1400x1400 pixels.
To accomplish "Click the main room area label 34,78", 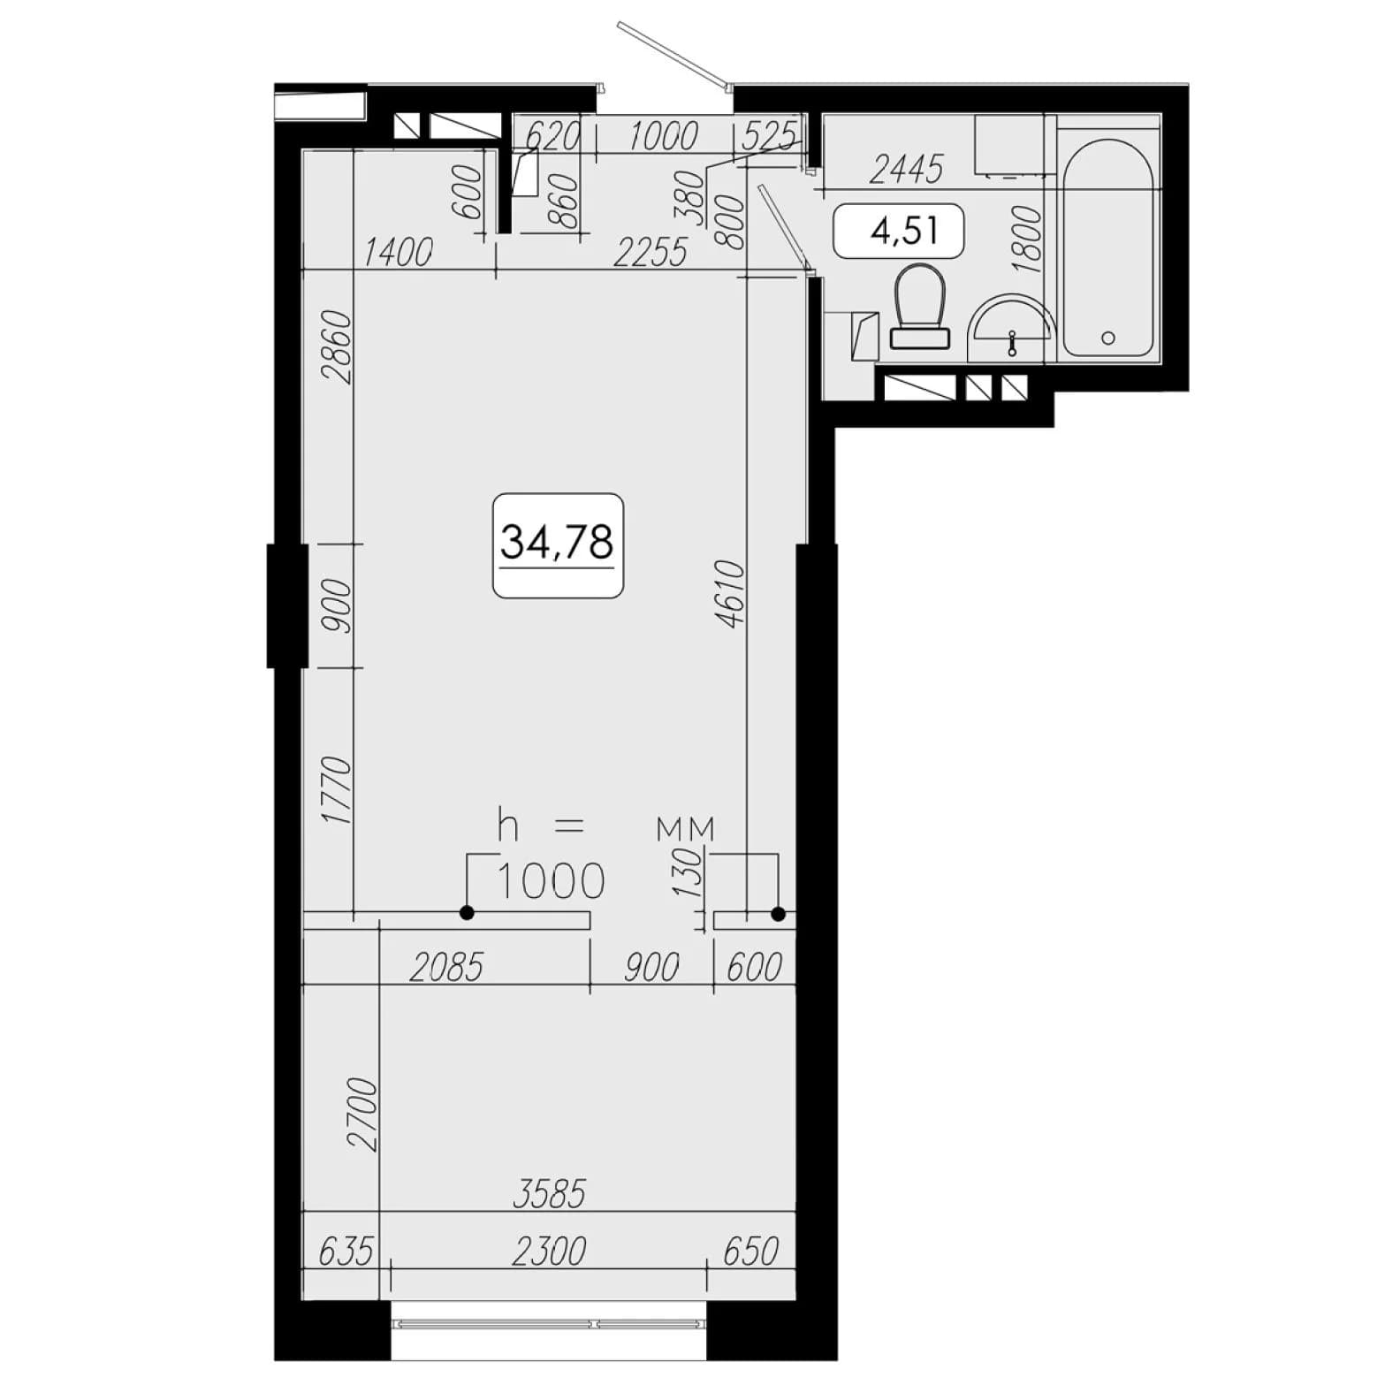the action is (x=557, y=541).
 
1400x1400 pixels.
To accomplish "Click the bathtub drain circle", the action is (x=1108, y=338).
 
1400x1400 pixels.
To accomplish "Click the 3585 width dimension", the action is (x=549, y=1193).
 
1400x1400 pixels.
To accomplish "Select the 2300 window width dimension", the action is (x=549, y=1252).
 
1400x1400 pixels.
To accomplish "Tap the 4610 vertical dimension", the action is (x=732, y=594).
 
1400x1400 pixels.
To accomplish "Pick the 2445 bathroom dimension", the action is (x=906, y=169).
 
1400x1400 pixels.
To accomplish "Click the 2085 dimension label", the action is (x=446, y=968).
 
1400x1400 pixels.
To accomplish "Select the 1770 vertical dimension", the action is (x=338, y=790).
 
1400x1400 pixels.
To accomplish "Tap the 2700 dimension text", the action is (x=362, y=1114).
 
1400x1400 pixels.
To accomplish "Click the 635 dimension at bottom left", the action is (x=346, y=1252).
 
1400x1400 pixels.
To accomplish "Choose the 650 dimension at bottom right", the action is (x=751, y=1252).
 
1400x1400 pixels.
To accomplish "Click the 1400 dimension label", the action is (x=398, y=254).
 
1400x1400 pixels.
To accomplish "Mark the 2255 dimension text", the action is (x=651, y=253).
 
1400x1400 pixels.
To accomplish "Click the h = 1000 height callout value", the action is (x=552, y=880).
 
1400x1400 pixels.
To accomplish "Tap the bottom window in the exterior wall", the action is (x=549, y=1324).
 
